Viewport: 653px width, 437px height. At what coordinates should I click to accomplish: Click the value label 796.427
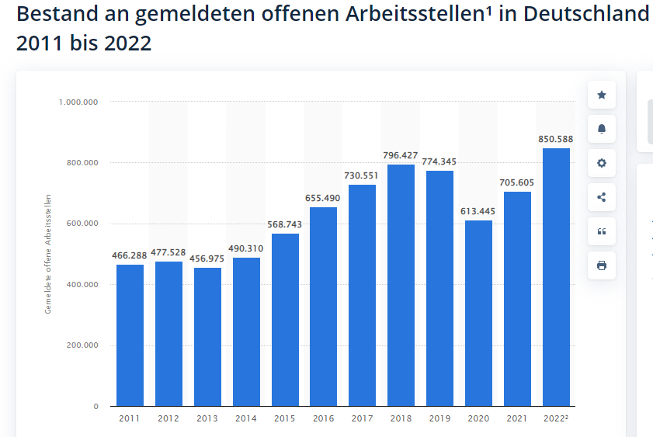tap(401, 155)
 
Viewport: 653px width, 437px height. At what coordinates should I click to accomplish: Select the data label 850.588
tap(556, 140)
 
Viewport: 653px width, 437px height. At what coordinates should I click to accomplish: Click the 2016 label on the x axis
tap(323, 419)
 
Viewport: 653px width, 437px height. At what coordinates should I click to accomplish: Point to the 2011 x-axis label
tap(130, 419)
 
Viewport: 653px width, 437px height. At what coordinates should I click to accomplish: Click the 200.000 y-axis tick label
tap(81, 345)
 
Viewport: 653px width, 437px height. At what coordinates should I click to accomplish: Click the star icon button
tap(602, 95)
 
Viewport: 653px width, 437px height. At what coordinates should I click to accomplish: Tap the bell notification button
tap(602, 129)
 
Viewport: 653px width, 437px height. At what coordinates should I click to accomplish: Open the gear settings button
tap(602, 163)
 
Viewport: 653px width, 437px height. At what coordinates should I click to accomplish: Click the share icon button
tap(602, 197)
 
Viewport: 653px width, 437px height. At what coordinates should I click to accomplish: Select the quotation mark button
tap(602, 231)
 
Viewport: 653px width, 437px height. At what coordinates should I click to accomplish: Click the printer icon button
tap(602, 265)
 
